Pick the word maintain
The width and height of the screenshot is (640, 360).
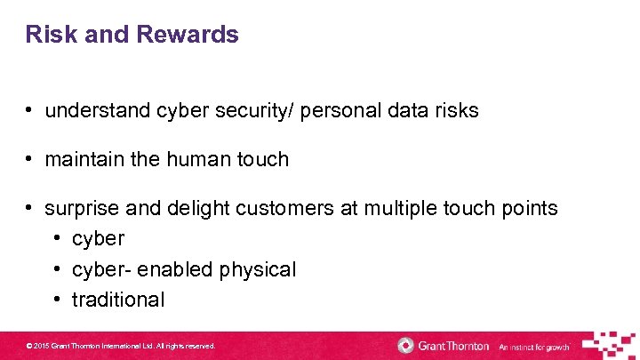[x=80, y=160]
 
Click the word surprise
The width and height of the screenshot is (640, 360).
[x=81, y=209]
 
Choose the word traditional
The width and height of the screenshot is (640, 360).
[x=118, y=300]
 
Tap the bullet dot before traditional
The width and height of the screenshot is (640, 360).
[x=55, y=300]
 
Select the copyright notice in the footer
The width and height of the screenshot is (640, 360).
[x=121, y=346]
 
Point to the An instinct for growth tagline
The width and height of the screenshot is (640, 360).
[x=534, y=347]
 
